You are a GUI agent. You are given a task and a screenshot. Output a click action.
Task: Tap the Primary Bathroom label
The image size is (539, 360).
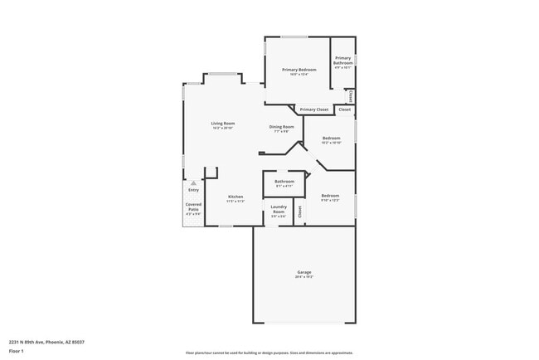point(343,61)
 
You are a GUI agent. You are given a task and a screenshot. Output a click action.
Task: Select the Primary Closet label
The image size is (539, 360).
point(314,109)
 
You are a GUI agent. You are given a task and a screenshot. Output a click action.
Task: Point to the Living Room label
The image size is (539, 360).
point(223,124)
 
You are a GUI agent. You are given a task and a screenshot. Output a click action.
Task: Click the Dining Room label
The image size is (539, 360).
point(280,126)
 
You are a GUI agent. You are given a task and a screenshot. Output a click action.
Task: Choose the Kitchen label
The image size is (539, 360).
point(236,197)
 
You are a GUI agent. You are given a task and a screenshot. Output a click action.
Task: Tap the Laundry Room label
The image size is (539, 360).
point(279,209)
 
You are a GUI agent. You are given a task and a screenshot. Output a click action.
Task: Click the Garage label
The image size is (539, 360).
point(304,272)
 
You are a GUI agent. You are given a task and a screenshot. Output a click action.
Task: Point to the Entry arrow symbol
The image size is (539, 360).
point(193,182)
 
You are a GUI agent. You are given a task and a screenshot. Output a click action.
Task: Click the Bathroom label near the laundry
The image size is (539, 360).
point(284,181)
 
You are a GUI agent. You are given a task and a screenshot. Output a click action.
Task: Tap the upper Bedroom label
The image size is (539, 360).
point(331,138)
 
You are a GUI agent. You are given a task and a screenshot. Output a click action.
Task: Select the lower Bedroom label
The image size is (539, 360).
point(330,196)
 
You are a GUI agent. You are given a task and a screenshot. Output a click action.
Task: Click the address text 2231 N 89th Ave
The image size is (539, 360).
point(46,342)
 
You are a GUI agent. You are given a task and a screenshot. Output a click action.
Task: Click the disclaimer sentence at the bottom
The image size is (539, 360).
point(269,353)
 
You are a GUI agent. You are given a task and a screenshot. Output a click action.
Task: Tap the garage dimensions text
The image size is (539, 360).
point(304,277)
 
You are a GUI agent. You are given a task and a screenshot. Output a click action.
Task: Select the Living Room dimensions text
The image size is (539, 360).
point(223,129)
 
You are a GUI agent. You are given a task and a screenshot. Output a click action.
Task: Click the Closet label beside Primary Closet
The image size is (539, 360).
point(344,109)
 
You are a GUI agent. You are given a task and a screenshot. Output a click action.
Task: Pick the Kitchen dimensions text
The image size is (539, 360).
point(236,202)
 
